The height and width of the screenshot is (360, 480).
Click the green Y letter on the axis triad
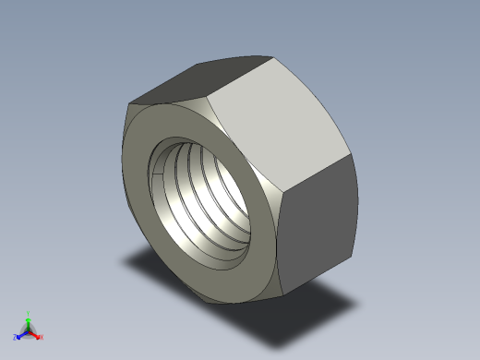click(x=29, y=313)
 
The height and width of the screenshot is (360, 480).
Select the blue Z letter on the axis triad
click(x=16, y=338)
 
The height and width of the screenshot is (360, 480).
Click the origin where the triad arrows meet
click(x=29, y=330)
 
